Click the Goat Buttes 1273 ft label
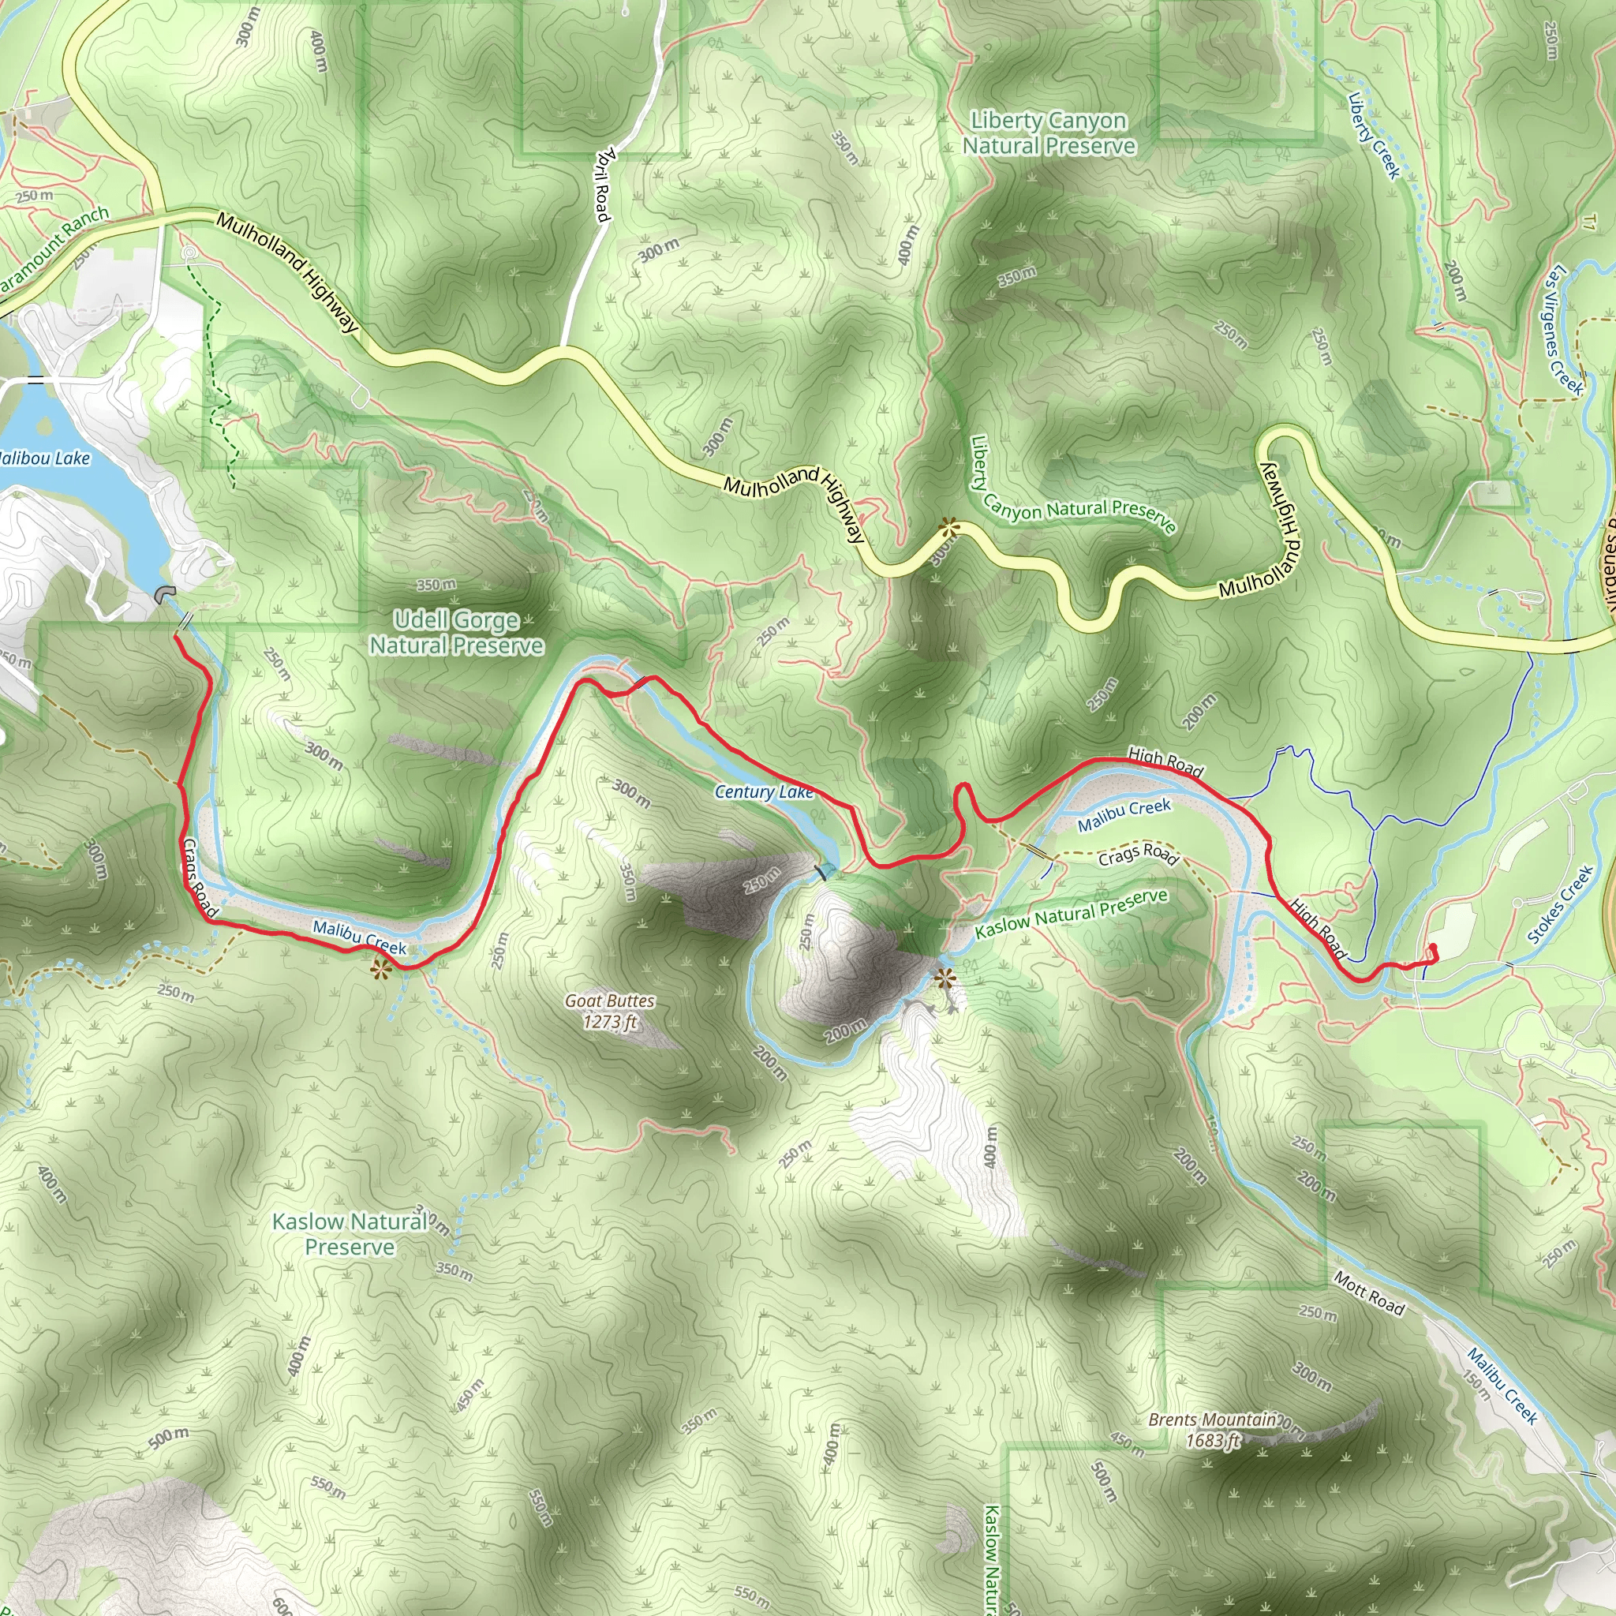[610, 1012]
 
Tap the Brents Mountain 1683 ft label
[1212, 1430]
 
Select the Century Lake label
[764, 791]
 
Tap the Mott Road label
[1368, 1293]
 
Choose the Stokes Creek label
[1560, 905]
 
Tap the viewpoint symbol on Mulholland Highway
[948, 527]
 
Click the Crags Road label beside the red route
[200, 878]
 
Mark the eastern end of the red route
[1433, 948]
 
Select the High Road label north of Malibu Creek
[1165, 761]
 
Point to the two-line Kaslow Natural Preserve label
[350, 1234]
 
